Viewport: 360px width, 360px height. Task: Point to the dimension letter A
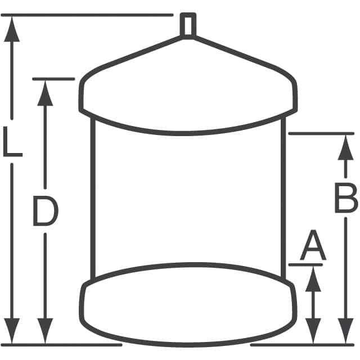(313, 245)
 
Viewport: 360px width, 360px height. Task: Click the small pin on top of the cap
(188, 25)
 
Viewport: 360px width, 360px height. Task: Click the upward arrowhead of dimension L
(12, 29)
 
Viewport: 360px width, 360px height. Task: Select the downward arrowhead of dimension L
(12, 331)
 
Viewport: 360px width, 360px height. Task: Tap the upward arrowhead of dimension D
(45, 93)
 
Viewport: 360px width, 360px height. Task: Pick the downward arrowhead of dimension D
(45, 331)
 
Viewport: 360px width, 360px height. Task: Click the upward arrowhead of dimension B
(345, 147)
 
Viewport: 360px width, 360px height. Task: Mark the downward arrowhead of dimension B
(345, 331)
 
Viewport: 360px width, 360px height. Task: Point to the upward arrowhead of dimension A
(313, 279)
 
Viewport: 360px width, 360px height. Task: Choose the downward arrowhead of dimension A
(313, 331)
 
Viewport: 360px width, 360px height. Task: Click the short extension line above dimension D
(53, 79)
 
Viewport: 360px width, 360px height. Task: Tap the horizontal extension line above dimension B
(321, 133)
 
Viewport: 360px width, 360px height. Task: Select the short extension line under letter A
(305, 265)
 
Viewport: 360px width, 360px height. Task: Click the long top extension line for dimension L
(87, 15)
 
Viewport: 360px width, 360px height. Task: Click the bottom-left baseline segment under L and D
(61, 345)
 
